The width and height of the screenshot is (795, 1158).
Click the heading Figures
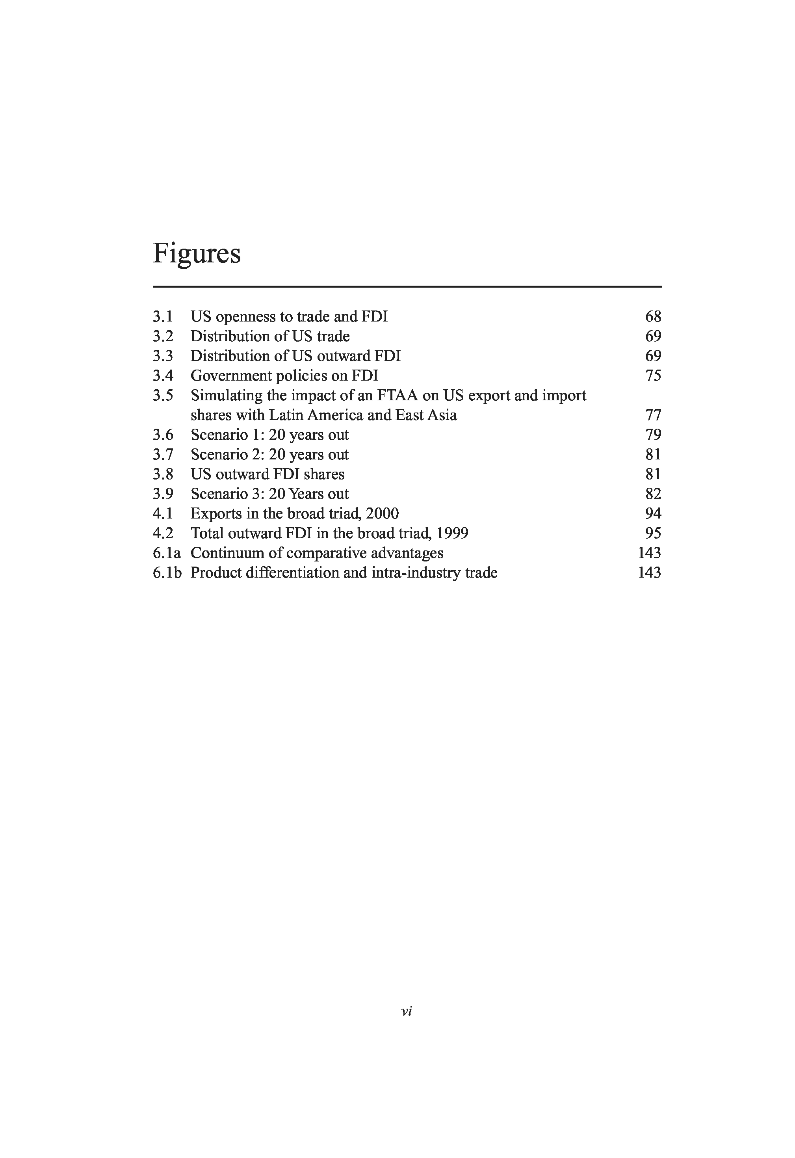pyautogui.click(x=196, y=254)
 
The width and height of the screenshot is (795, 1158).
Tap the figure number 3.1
pyautogui.click(x=162, y=316)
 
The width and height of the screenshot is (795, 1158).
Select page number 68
pyautogui.click(x=653, y=316)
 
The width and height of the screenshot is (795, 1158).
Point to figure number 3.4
pyautogui.click(x=163, y=376)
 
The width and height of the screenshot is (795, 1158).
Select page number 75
pyautogui.click(x=653, y=376)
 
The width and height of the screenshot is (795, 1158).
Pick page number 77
pyautogui.click(x=653, y=415)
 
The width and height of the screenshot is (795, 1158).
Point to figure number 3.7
pyautogui.click(x=163, y=454)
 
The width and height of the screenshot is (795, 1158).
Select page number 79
pyautogui.click(x=653, y=435)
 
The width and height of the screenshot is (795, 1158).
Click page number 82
pyautogui.click(x=653, y=494)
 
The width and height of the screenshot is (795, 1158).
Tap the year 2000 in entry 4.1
pyautogui.click(x=382, y=514)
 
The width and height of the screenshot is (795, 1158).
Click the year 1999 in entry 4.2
pyautogui.click(x=452, y=533)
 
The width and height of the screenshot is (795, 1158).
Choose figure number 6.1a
pyautogui.click(x=166, y=553)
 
